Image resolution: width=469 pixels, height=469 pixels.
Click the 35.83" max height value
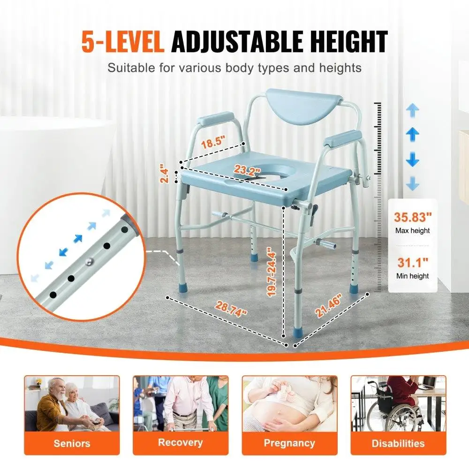coord(412,218)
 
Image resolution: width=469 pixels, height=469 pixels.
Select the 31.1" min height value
coord(412,263)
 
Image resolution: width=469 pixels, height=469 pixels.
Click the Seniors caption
coord(72,443)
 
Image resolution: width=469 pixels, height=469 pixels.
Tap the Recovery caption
coord(181,442)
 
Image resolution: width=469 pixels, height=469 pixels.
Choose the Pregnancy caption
coord(289,443)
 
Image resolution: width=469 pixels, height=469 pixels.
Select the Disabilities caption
coord(398,443)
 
